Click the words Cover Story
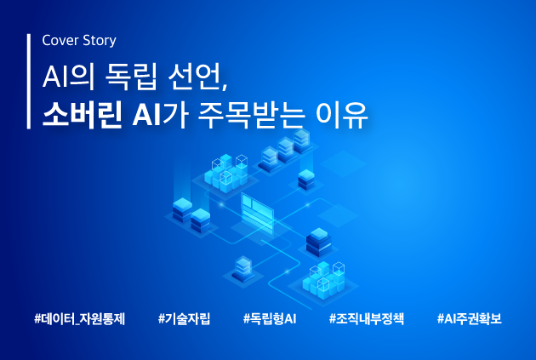pyautogui.click(x=79, y=41)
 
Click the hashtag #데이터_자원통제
pyautogui.click(x=80, y=319)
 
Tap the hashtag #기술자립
pyautogui.click(x=184, y=319)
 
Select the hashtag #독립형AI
pyautogui.click(x=270, y=319)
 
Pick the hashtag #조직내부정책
pyautogui.click(x=366, y=319)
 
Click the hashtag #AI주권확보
pyautogui.click(x=469, y=319)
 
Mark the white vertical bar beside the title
pyautogui.click(x=29, y=82)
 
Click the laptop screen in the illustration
pyautogui.click(x=257, y=211)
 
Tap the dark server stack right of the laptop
pyautogui.click(x=318, y=242)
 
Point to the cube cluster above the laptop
pyautogui.click(x=226, y=173)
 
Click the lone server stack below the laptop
pyautogui.click(x=243, y=269)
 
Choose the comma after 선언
pyautogui.click(x=225, y=87)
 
